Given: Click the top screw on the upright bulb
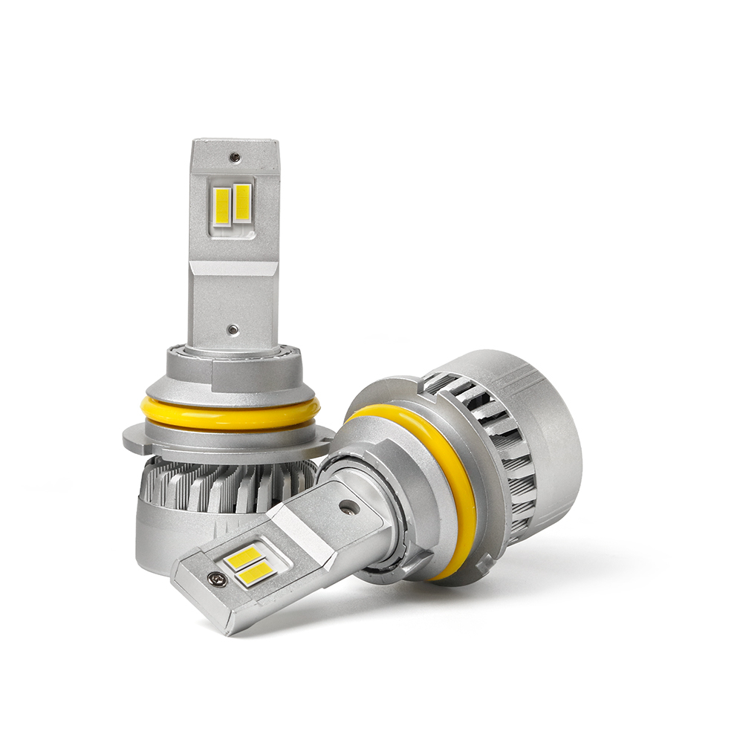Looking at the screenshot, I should [235, 158].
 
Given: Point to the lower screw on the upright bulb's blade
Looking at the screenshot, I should [233, 328].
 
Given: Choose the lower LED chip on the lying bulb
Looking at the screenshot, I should [258, 571].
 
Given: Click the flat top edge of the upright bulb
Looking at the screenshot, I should [235, 141].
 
